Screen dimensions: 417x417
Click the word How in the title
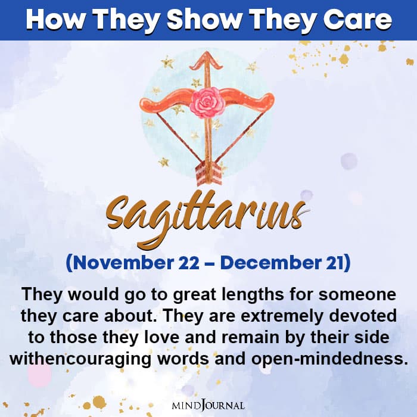click(51, 20)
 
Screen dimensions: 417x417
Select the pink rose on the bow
click(207, 101)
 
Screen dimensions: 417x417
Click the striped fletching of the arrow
click(208, 173)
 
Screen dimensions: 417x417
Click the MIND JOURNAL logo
click(208, 405)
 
